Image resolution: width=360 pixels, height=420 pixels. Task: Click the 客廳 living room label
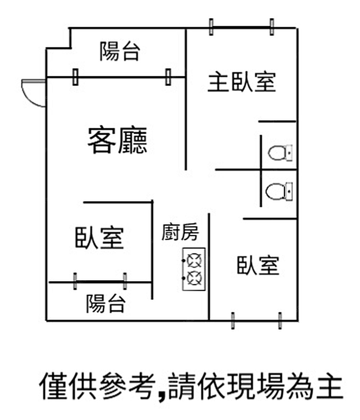(117, 141)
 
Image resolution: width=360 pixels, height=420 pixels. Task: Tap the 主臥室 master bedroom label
(242, 82)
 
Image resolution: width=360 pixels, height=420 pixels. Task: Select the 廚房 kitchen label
(180, 232)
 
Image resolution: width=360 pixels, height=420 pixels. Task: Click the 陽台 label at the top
(119, 51)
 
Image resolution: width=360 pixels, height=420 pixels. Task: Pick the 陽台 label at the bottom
(105, 304)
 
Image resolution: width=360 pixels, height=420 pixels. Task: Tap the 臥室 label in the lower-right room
(258, 265)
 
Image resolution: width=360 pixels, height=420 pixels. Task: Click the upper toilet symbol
(280, 153)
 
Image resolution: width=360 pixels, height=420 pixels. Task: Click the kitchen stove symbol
(194, 269)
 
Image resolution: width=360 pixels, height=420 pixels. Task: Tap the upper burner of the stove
(195, 260)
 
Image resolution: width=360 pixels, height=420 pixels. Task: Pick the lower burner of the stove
(195, 277)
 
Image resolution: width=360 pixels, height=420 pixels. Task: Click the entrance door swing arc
(33, 93)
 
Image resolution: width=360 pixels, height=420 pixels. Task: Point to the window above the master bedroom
(241, 27)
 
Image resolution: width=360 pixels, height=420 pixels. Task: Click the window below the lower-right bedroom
(256, 320)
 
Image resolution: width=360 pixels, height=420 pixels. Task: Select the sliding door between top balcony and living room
(121, 77)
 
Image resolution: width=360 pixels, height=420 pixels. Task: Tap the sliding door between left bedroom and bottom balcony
(100, 281)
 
